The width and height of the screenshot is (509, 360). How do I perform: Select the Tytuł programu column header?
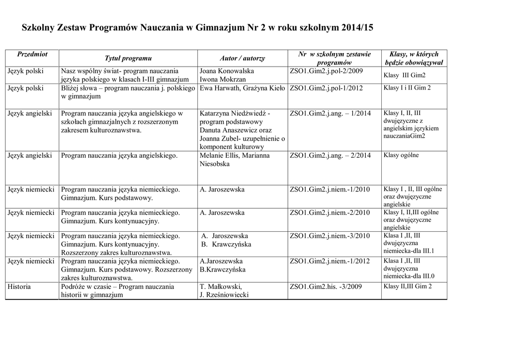(x=128, y=59)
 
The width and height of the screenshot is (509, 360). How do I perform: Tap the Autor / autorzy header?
(x=242, y=59)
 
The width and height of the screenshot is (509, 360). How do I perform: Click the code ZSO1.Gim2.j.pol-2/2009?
(x=326, y=71)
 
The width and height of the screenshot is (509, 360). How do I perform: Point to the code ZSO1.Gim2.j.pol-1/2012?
(x=326, y=88)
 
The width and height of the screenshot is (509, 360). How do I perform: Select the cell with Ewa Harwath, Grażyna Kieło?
(x=242, y=88)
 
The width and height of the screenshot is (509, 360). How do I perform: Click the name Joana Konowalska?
(x=226, y=71)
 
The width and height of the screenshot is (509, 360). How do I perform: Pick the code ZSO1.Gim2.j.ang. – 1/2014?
(x=330, y=113)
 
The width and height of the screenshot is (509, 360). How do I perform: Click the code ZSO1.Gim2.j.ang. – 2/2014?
(x=330, y=156)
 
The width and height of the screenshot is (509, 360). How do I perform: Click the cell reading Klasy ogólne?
(x=401, y=155)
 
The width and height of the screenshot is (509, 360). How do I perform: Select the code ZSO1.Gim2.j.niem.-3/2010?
(x=330, y=236)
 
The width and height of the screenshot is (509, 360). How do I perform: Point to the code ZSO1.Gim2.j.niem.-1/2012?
(x=330, y=261)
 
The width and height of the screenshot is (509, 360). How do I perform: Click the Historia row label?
(x=19, y=286)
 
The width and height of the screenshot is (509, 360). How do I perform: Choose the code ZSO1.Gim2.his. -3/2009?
(x=326, y=286)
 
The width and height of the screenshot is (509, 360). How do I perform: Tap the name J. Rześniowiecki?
(x=224, y=295)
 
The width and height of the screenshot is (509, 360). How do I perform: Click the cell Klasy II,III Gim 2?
(x=408, y=286)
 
